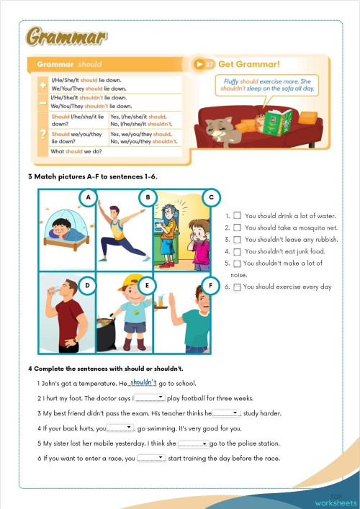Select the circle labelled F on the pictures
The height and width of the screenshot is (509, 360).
click(x=210, y=286)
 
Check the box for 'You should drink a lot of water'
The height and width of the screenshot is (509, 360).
click(x=237, y=215)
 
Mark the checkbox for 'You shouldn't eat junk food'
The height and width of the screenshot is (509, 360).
click(x=237, y=251)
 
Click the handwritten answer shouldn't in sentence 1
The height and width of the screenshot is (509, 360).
click(x=143, y=382)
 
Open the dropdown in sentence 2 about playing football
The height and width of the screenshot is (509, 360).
click(x=150, y=397)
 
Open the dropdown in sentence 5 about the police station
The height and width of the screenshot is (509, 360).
click(x=193, y=443)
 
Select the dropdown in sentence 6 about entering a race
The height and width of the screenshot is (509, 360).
click(x=150, y=458)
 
